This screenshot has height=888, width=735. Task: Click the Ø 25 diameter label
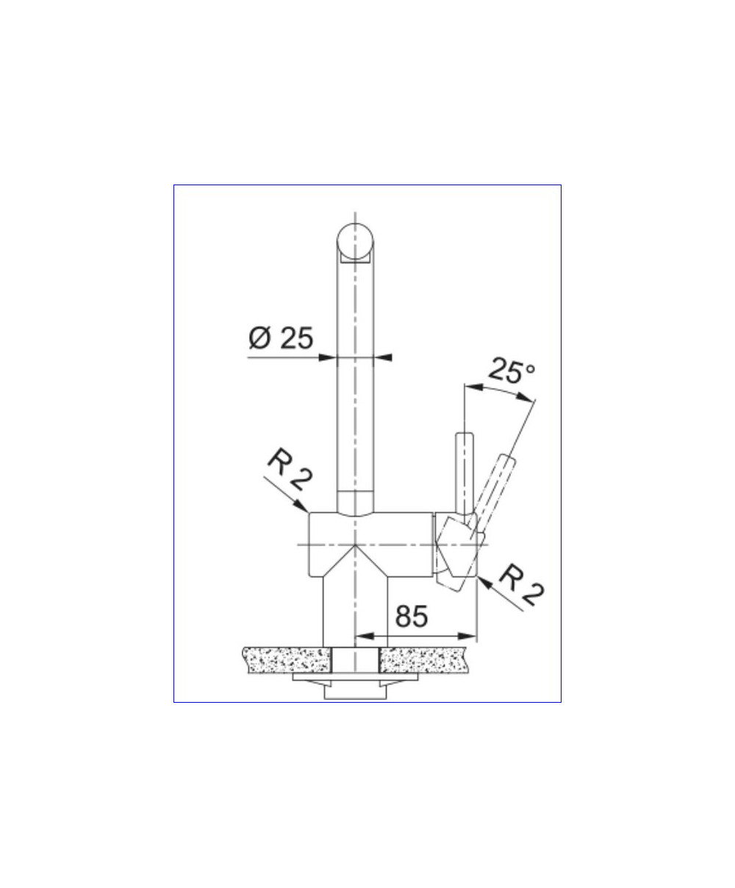point(281,338)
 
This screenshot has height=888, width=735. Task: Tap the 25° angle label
point(512,370)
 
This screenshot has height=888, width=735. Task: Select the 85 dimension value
point(412,616)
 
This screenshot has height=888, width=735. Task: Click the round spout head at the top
point(355,241)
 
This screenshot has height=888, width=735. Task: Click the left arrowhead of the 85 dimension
point(365,637)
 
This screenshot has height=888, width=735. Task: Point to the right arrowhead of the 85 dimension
point(467,637)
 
